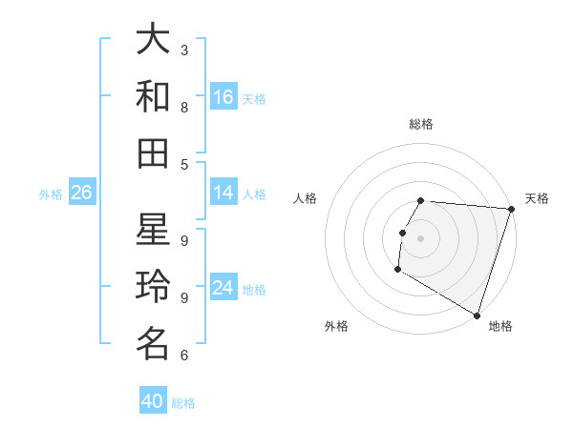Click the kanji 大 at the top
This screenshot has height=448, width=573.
tap(153, 41)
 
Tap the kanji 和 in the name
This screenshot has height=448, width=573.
tap(153, 96)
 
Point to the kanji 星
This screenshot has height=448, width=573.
tap(153, 231)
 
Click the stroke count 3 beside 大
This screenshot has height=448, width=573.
tap(184, 49)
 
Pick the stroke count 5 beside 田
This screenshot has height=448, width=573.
tap(184, 164)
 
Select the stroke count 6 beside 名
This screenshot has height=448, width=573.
tap(184, 356)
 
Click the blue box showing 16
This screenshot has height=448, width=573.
tap(223, 97)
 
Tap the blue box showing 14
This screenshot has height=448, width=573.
tap(223, 193)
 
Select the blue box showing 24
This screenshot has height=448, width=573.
tap(223, 288)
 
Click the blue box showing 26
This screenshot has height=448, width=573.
tap(81, 193)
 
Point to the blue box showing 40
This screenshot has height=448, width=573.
tap(152, 401)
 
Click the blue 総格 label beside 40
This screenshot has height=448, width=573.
tap(183, 403)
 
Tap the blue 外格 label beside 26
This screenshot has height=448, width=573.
tap(51, 194)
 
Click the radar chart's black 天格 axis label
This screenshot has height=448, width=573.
tap(537, 198)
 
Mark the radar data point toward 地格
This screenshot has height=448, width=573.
tap(476, 315)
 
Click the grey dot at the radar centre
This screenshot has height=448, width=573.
tap(420, 237)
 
